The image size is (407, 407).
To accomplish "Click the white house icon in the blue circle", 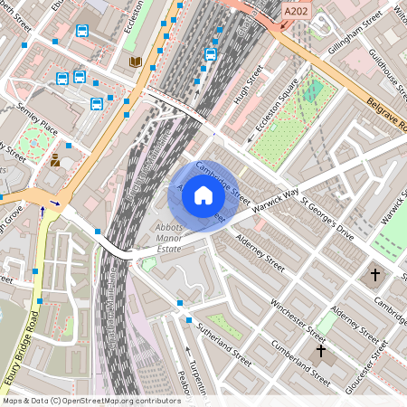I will (x=203, y=194).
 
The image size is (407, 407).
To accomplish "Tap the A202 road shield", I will (x=295, y=11).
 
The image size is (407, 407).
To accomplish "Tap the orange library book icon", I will (x=136, y=62).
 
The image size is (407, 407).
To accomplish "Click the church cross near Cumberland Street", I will (x=319, y=350).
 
